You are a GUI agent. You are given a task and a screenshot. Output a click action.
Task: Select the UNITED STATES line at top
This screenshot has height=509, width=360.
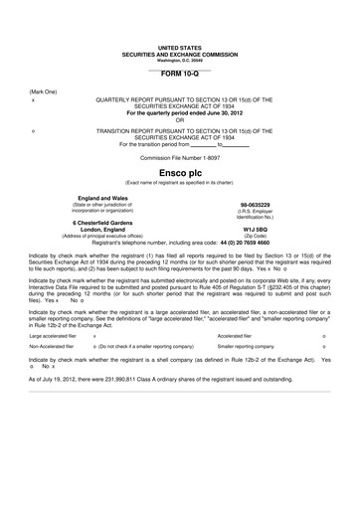179,47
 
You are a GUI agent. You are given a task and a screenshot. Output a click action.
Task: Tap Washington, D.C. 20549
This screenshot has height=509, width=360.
179,60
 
